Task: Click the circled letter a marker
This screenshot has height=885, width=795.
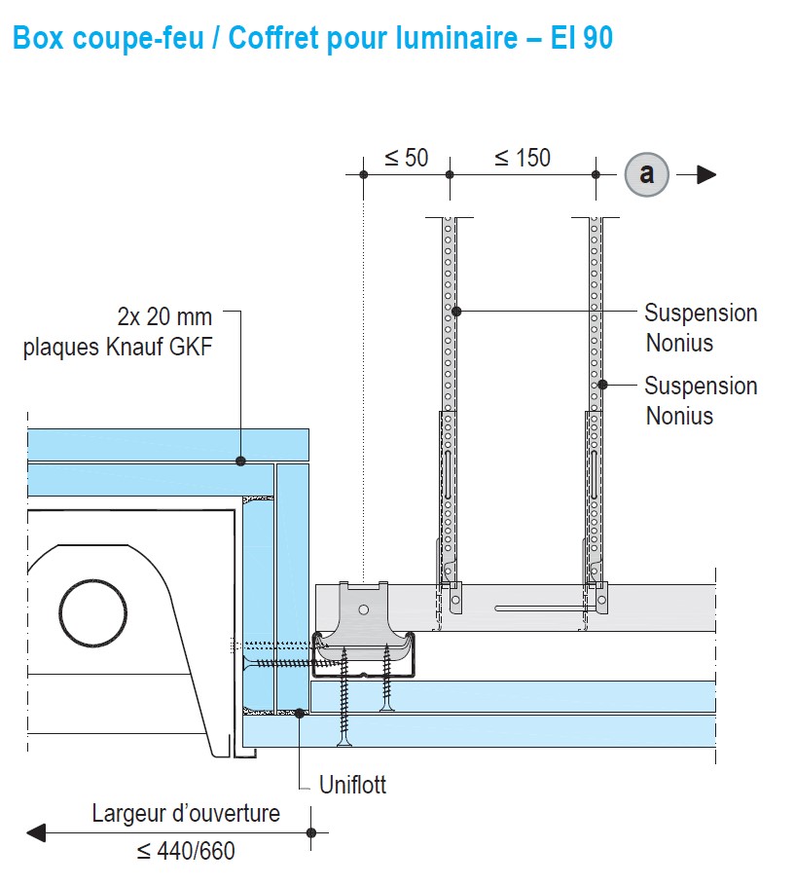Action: click(x=647, y=174)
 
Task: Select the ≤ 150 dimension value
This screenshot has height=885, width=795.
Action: click(x=522, y=158)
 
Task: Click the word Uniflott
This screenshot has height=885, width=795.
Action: click(x=353, y=785)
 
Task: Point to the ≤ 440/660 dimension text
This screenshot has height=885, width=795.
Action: click(x=186, y=851)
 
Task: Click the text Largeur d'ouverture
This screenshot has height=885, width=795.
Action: click(x=186, y=813)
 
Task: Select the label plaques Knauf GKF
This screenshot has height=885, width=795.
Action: click(x=118, y=348)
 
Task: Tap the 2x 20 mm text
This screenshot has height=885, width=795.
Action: click(x=164, y=317)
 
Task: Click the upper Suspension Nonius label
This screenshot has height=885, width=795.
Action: click(x=701, y=328)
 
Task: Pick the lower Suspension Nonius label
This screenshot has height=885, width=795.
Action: click(x=701, y=400)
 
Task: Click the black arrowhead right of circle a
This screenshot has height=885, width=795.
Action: click(x=705, y=175)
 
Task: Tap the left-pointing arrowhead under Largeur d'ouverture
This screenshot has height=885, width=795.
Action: click(x=37, y=832)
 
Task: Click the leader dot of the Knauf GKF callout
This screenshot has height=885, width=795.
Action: click(x=241, y=461)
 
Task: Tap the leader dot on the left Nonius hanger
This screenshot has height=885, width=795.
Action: click(x=454, y=312)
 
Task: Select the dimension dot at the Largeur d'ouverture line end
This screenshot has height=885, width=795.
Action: click(x=311, y=832)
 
